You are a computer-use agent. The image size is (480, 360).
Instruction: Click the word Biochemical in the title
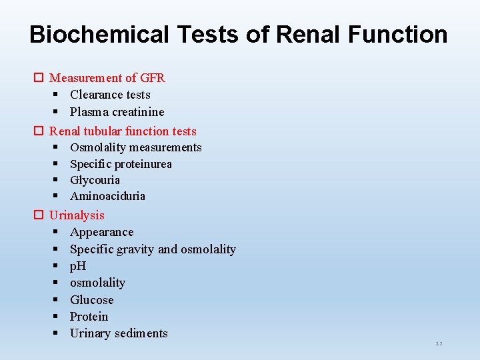(x=99, y=35)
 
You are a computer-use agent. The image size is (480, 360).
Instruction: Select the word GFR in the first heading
(x=152, y=78)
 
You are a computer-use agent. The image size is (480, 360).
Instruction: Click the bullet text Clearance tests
(x=110, y=95)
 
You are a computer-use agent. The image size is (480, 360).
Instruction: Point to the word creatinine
(x=137, y=111)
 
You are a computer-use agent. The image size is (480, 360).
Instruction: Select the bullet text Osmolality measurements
(x=135, y=147)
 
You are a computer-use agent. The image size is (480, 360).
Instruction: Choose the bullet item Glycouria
(x=95, y=180)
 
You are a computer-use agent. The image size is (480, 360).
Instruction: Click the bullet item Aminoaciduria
(x=107, y=196)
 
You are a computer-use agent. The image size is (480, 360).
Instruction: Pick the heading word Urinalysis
(x=77, y=215)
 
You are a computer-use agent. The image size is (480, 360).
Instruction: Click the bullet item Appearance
(x=101, y=232)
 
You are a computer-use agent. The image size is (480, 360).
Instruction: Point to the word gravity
(x=135, y=249)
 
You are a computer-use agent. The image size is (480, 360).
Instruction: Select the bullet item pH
(x=78, y=266)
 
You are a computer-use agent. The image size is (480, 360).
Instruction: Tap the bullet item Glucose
(x=91, y=300)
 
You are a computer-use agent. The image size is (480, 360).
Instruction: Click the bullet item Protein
(x=89, y=317)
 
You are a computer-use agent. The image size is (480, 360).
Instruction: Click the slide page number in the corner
(x=439, y=343)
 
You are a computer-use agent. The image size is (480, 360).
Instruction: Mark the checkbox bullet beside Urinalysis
(x=39, y=215)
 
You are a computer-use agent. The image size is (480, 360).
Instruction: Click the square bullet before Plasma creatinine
(x=57, y=111)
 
